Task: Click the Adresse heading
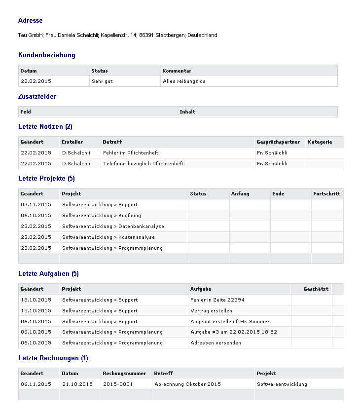pos(30,21)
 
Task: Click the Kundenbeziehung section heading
pos(47,55)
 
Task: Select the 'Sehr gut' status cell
pos(102,81)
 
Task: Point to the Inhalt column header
pos(187,112)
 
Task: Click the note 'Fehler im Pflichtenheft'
pos(131,153)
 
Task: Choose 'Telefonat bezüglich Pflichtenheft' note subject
pos(143,164)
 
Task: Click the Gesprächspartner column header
pos(278,142)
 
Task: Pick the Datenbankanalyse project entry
pos(113,226)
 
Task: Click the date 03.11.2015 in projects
pos(36,205)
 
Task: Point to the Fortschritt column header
pos(326,194)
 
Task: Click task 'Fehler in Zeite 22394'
pos(217,300)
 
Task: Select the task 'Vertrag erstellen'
pos(211,311)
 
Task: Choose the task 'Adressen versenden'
pos(216,343)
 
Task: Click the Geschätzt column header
pos(316,289)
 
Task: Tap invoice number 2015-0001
pos(118,384)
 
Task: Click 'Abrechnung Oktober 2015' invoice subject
pos(187,384)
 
